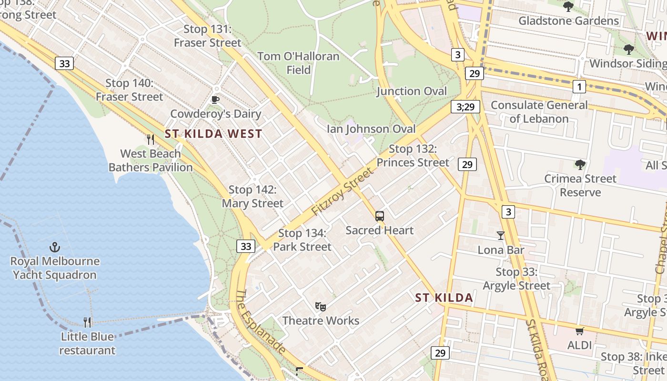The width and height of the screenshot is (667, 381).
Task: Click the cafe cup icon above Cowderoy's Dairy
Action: pos(215,100)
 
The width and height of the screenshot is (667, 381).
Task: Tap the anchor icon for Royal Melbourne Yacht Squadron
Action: pos(55,247)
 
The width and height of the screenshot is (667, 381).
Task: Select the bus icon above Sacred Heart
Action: pos(379,216)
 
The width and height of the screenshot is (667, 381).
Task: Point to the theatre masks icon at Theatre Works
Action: pos(320,306)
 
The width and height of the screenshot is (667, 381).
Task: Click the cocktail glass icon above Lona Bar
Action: pos(500,236)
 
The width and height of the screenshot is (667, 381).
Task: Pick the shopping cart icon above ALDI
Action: pos(579,331)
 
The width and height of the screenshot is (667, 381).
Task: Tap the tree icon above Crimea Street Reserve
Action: pos(580,165)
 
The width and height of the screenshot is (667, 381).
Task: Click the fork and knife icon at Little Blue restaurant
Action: pos(87,322)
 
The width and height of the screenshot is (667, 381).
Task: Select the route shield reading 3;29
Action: pos(465,107)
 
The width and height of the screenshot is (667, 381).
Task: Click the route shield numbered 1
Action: pos(579,87)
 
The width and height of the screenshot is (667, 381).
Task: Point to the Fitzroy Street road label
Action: pos(343,191)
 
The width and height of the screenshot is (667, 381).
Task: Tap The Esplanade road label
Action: pos(261,322)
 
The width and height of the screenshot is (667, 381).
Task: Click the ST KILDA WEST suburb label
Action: pos(213,134)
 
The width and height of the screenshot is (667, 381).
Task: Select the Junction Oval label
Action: pos(412,91)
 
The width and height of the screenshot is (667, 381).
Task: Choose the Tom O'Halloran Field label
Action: pos(299,63)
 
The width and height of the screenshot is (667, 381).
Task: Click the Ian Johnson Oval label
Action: pos(371,129)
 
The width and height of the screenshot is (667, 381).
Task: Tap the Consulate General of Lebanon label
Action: pos(539,111)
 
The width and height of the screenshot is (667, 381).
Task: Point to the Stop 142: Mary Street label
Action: pos(253,196)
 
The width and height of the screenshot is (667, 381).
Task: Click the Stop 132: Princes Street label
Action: pos(413,156)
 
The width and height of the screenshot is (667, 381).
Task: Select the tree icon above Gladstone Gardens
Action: pos(568,7)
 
